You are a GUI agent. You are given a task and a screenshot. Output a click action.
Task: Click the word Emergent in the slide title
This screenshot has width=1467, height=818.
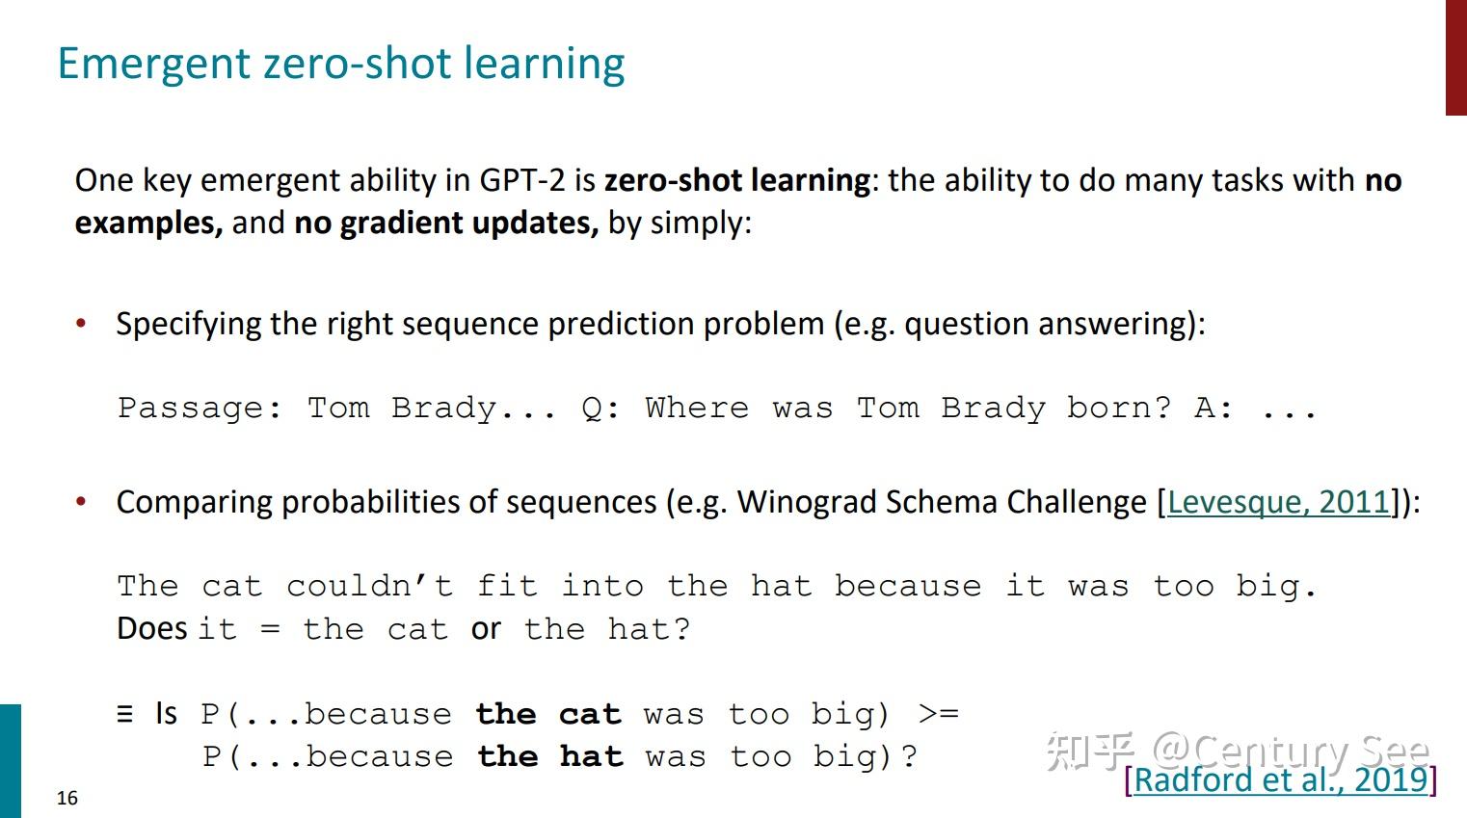(154, 65)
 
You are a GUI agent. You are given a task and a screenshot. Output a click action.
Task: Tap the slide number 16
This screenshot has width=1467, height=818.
(67, 798)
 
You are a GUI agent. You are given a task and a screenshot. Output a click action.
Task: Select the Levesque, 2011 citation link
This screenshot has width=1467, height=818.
(1278, 503)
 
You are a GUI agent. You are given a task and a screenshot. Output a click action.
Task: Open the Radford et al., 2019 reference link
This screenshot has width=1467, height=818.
(1280, 780)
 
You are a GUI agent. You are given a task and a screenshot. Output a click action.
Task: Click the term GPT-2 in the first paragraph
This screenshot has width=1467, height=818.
(521, 180)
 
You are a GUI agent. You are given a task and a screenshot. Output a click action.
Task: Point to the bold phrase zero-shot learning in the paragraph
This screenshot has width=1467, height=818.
(737, 180)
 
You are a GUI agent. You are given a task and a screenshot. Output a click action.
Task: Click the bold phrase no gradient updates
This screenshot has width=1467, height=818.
(446, 224)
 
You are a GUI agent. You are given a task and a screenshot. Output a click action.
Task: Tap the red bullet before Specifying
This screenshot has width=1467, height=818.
(81, 324)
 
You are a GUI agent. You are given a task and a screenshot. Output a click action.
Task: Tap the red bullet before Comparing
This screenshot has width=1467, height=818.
(81, 502)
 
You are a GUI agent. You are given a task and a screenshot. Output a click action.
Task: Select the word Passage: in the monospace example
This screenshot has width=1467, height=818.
(200, 409)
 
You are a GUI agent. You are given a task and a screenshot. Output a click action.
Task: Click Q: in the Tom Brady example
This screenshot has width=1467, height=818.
(600, 409)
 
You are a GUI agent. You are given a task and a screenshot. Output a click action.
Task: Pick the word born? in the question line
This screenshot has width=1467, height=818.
(1119, 409)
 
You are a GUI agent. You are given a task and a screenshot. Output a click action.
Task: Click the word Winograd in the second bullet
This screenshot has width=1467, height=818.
(807, 503)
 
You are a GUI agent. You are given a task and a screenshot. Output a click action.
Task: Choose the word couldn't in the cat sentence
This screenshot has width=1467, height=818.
(369, 586)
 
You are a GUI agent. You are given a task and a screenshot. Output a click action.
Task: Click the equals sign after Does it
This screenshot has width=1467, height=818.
(271, 629)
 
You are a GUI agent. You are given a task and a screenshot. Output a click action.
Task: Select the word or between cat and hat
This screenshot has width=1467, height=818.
(486, 629)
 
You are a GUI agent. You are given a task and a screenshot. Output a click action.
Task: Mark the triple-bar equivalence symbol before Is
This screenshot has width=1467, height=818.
(125, 714)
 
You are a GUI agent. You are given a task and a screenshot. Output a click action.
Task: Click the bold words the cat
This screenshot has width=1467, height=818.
(548, 714)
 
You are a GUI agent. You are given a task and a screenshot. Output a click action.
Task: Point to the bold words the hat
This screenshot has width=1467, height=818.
(550, 756)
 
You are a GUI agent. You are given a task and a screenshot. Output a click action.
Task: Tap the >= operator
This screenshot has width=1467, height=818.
(939, 713)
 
